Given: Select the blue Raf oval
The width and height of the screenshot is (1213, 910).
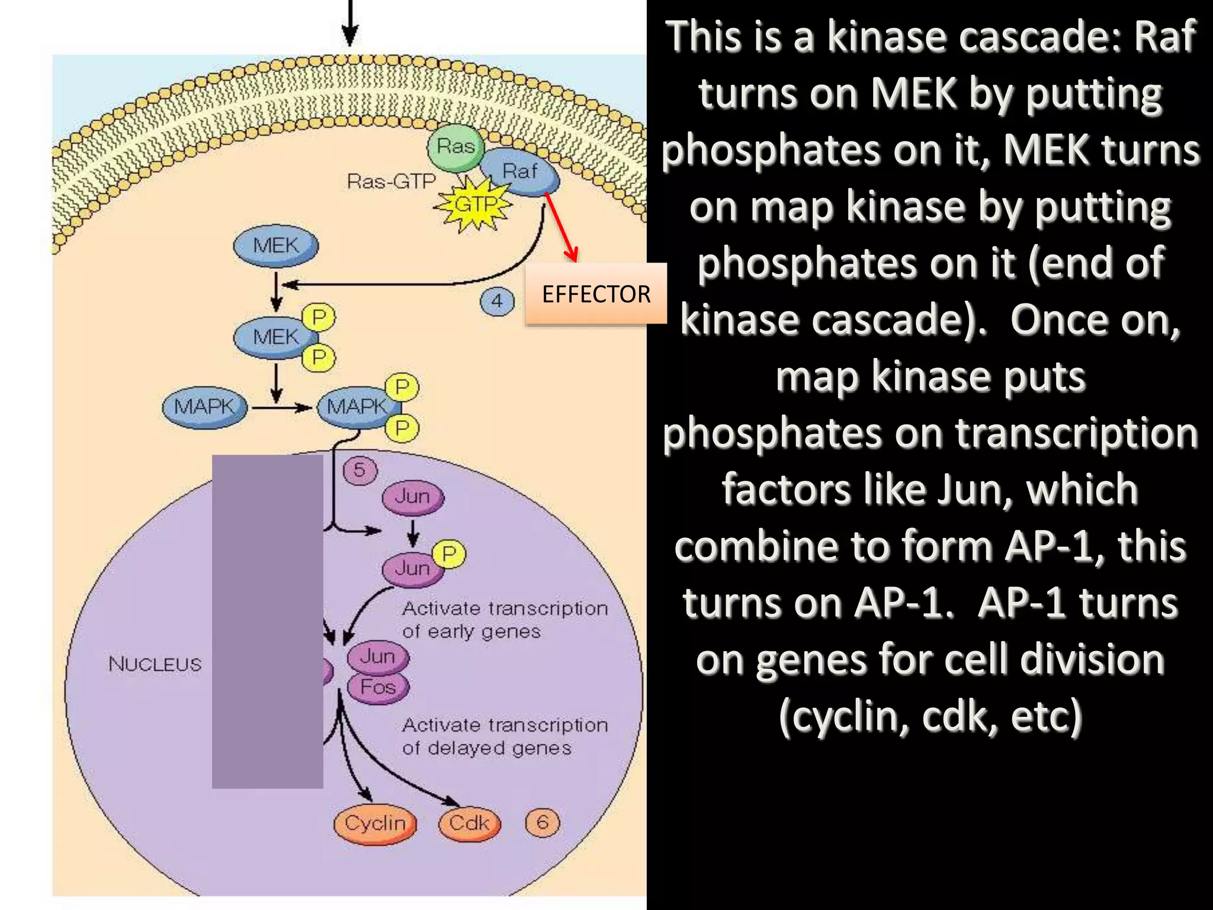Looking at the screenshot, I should click(519, 172).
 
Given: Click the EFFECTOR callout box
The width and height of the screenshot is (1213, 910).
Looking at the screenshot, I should click(596, 294).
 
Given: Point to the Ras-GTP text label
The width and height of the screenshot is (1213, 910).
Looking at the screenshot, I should click(391, 181).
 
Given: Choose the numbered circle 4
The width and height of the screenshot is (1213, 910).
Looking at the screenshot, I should click(496, 301).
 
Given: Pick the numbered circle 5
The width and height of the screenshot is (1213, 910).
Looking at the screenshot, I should click(360, 470).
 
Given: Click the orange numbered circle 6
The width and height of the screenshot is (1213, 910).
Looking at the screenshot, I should click(542, 822).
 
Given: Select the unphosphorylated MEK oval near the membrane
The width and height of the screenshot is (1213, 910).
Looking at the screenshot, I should click(275, 245).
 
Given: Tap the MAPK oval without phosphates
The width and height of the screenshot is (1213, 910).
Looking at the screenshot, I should click(204, 407).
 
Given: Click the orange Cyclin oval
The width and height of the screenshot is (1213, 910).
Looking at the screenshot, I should click(375, 824).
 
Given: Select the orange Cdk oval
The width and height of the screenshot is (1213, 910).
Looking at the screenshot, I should click(469, 824).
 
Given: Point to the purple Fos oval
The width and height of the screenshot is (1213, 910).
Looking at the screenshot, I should click(378, 687).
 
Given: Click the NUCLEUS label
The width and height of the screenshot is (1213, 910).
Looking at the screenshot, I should click(155, 664).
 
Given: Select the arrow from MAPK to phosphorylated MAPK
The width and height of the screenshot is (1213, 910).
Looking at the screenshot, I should click(281, 408).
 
